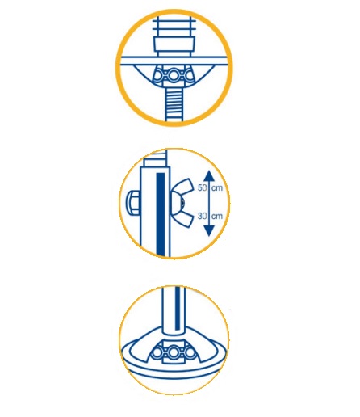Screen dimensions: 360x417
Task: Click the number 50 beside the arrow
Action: click(202, 187)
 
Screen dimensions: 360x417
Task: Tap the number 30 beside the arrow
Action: click(202, 216)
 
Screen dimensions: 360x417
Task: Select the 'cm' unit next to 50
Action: click(217, 188)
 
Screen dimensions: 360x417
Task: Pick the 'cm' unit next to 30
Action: click(217, 217)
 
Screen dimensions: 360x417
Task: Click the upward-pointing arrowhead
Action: click(209, 176)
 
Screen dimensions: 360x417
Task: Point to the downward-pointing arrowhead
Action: click(209, 231)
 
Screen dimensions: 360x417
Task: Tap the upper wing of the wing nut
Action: click(185, 187)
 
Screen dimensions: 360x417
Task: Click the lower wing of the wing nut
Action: click(185, 217)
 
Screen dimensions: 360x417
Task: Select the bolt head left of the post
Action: click(133, 203)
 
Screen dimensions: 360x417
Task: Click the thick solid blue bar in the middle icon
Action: click(161, 214)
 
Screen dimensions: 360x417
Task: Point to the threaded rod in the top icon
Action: click(174, 105)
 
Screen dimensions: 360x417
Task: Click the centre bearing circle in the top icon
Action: click(174, 75)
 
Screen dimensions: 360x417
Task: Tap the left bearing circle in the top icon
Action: click(159, 75)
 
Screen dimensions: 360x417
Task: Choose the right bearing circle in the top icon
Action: click(189, 75)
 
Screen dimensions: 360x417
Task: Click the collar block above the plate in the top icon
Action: click(174, 44)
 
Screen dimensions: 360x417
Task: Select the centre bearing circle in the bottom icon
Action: click(174, 352)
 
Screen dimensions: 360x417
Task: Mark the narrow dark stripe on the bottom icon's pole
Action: click(178, 309)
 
